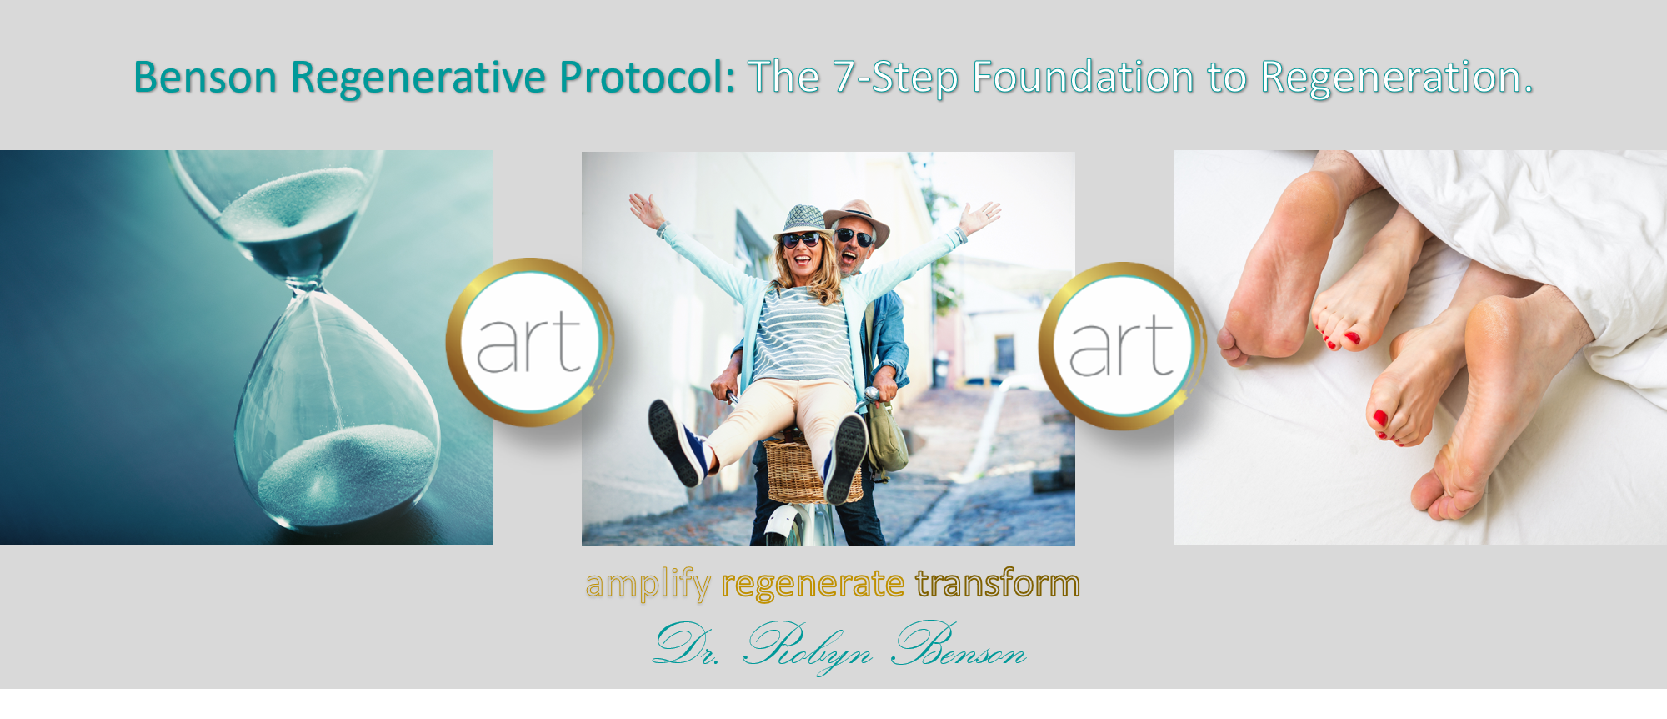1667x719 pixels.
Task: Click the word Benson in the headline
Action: click(x=205, y=78)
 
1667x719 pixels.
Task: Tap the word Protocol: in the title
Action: click(x=648, y=78)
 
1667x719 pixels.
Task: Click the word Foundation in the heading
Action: click(x=1084, y=78)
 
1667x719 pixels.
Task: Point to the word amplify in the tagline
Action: click(x=648, y=584)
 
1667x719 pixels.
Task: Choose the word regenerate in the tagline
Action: click(x=813, y=585)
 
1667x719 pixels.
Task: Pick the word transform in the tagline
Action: click(x=998, y=583)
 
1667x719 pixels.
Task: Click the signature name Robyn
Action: click(x=807, y=647)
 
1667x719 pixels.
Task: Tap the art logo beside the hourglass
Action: click(x=530, y=342)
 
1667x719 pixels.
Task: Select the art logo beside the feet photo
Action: click(x=1122, y=345)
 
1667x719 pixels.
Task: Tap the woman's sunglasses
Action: click(x=800, y=240)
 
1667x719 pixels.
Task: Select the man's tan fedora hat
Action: click(x=858, y=216)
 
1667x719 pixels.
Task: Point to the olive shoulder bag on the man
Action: click(x=888, y=438)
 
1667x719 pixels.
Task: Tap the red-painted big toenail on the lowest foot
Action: click(x=1380, y=418)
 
